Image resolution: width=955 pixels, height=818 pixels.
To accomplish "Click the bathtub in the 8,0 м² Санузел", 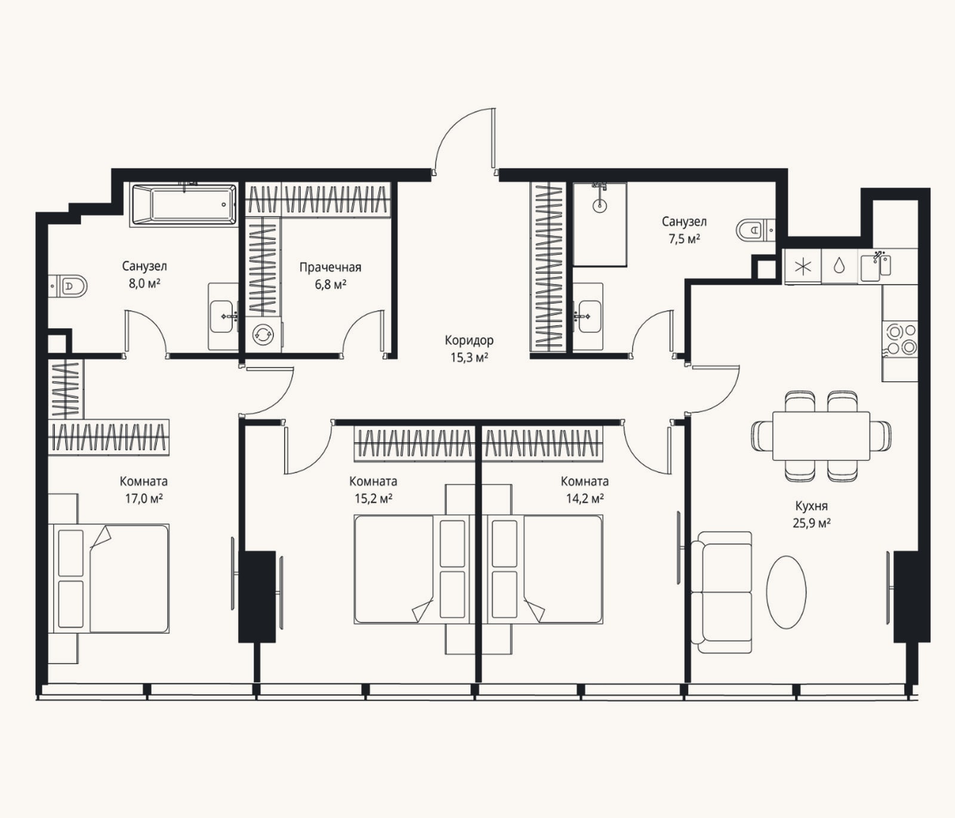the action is click(x=183, y=205).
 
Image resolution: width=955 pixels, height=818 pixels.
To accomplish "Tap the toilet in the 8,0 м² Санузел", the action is click(x=68, y=286).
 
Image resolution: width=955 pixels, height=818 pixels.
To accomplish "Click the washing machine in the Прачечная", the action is click(x=263, y=335).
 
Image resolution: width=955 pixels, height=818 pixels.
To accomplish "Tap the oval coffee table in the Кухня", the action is click(x=786, y=592).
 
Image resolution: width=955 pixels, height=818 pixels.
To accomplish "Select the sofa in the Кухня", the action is click(x=721, y=592).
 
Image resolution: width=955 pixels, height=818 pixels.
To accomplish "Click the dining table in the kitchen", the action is click(x=821, y=436).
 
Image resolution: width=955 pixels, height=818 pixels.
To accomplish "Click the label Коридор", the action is click(x=469, y=340).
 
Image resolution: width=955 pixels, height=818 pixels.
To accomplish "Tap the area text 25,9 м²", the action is click(x=812, y=523).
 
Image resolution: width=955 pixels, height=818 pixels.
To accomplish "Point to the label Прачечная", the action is click(x=330, y=267).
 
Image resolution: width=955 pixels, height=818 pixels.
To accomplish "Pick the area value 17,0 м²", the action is click(x=144, y=498).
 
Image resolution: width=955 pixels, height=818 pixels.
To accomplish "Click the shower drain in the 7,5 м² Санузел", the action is click(x=599, y=206).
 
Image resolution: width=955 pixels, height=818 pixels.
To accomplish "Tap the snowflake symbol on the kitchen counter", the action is click(x=803, y=266).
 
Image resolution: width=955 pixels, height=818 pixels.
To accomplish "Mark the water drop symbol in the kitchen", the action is click(x=839, y=266).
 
